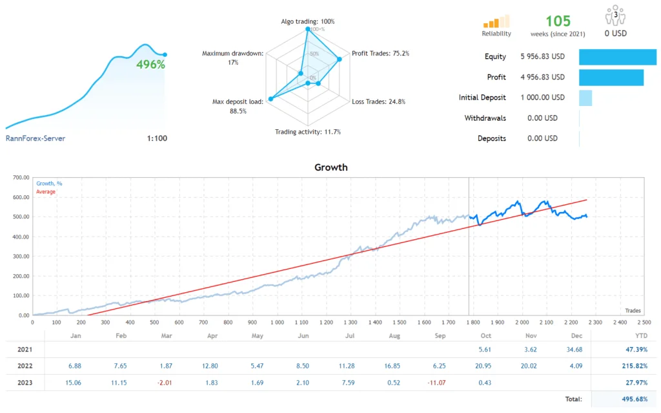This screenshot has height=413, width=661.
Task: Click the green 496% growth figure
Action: (150, 65)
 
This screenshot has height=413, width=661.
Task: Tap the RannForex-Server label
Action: (36, 138)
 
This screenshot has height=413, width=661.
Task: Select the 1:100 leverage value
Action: (157, 138)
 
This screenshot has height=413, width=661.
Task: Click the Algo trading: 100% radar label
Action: (308, 21)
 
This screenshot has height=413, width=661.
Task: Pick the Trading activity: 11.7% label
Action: (308, 132)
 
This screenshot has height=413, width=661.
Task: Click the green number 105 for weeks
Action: (558, 21)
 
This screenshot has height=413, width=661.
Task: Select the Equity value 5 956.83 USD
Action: (542, 57)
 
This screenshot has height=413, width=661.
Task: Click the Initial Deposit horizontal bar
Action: (585, 98)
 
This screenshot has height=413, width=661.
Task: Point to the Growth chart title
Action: (330, 167)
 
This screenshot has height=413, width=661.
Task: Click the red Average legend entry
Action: (46, 192)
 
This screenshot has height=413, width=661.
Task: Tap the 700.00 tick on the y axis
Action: (21, 177)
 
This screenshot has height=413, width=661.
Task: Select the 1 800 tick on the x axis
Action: (473, 321)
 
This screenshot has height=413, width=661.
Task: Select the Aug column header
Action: (395, 336)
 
